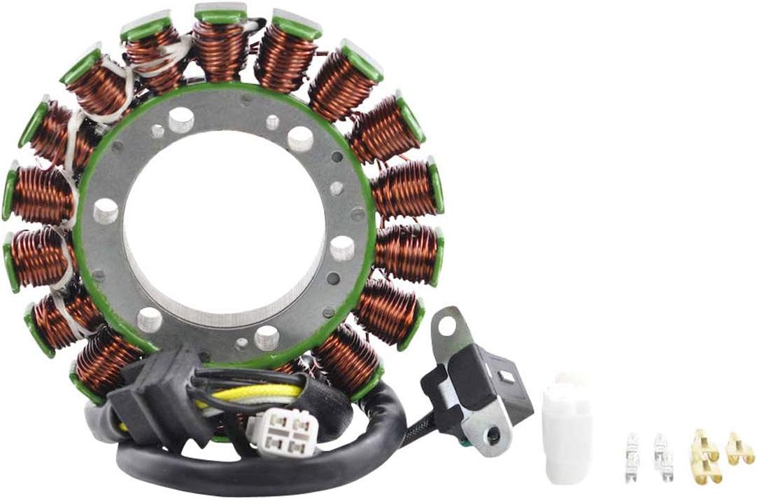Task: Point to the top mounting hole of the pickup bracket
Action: tap(446, 325)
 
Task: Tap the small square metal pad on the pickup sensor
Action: tap(505, 379)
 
